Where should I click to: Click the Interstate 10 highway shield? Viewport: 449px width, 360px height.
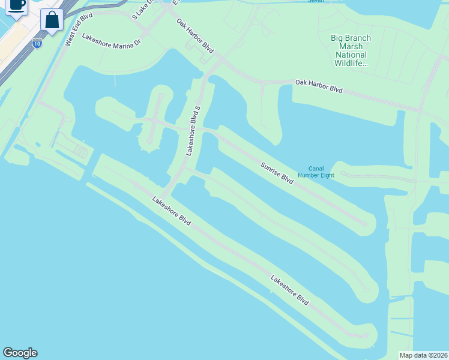click(37, 44)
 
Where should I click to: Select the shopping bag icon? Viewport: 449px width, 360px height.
click(52, 20)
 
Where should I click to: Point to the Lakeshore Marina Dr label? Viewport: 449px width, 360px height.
click(112, 42)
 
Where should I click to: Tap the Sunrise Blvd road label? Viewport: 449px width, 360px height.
click(277, 173)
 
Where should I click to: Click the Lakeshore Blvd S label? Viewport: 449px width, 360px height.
click(193, 130)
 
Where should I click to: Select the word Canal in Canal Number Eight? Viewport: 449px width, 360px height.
click(316, 169)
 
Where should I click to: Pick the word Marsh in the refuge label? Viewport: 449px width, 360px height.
click(351, 47)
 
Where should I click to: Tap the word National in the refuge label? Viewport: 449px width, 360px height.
click(351, 55)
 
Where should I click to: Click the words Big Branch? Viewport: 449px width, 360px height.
click(351, 38)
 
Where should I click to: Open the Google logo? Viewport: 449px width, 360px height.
click(20, 353)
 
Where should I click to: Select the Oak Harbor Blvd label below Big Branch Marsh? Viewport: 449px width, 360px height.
click(319, 85)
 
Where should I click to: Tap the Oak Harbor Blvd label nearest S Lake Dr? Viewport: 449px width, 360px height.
click(195, 35)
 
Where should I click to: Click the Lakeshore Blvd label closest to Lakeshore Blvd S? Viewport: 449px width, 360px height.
click(172, 211)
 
